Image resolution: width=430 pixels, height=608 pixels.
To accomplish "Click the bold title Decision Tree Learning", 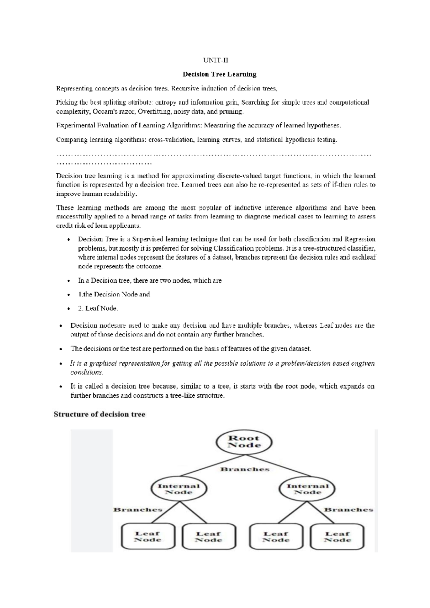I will point(219,74).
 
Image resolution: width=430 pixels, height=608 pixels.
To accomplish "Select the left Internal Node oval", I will point(179,489).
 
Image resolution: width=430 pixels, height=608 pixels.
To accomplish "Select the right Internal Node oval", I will point(307,489).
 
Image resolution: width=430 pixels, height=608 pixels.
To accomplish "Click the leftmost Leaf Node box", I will point(148,537).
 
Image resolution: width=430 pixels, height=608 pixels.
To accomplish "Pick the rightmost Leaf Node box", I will point(337,537).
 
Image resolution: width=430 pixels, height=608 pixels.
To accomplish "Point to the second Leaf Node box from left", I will point(209,537).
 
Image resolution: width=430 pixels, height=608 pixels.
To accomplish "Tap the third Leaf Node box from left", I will point(276,537).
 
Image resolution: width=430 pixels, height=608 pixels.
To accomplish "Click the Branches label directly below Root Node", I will point(245,469).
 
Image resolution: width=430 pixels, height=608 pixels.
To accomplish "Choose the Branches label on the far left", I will point(138,509).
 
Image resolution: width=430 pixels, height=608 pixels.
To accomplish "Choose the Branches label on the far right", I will point(349,509).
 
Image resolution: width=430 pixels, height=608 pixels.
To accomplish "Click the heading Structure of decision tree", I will point(99,414).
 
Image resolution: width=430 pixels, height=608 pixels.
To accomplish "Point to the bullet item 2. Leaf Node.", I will point(98,308).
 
